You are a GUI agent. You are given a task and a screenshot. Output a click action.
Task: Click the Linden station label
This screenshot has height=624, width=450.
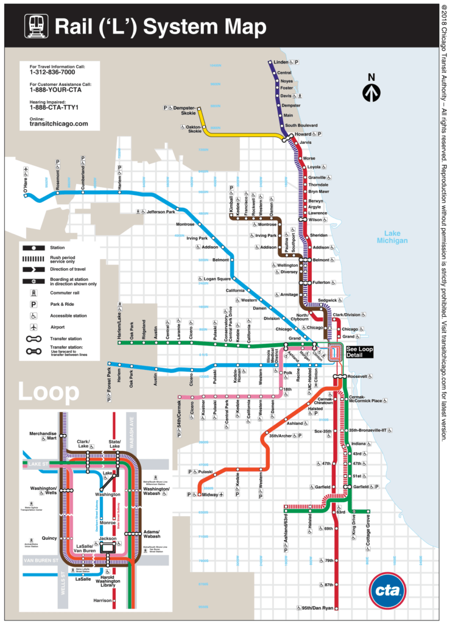click(281, 63)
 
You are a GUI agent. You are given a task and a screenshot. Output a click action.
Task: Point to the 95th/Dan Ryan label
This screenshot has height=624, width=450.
click(317, 608)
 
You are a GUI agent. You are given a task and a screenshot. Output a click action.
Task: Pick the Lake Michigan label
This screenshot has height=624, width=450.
click(392, 237)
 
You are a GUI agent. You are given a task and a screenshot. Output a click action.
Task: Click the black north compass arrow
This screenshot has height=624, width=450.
click(371, 91)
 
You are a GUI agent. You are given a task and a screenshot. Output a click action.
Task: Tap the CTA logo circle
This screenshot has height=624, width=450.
click(387, 590)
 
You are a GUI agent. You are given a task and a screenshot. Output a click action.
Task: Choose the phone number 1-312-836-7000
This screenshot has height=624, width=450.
click(54, 73)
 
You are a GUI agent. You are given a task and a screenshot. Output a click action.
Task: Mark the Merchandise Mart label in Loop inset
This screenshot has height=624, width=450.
click(43, 436)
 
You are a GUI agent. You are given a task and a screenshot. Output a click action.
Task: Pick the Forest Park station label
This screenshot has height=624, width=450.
click(110, 379)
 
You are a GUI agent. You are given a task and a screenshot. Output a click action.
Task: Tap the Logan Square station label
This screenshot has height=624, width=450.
click(217, 278)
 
